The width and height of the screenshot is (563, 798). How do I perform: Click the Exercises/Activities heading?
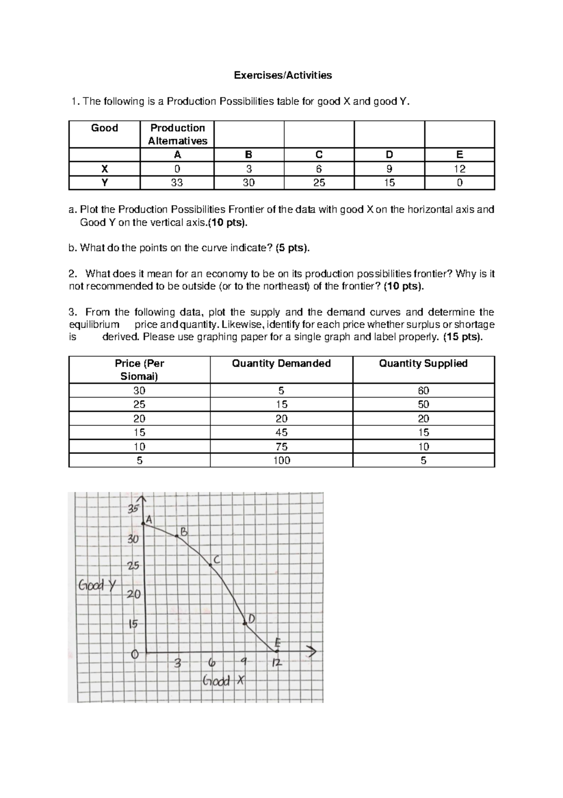point(283,75)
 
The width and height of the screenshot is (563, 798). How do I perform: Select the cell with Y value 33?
point(177,183)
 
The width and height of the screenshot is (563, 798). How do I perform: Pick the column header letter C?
point(319,155)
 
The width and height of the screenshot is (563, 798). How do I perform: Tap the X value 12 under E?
point(459,169)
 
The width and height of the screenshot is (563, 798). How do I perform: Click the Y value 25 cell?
point(319,183)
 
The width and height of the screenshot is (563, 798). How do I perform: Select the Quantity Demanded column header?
point(281,363)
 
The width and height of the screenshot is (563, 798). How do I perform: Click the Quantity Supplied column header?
point(423,363)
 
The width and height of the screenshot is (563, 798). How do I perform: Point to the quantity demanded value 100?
point(281,460)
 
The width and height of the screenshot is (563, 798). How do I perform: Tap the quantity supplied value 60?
point(423,391)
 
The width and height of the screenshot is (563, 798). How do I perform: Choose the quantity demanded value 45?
point(281,432)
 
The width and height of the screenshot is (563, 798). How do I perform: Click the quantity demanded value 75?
point(281,446)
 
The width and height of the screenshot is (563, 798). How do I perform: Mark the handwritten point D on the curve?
point(245,623)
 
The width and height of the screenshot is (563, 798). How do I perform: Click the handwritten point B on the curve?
point(177,536)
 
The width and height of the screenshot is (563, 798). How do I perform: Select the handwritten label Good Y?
point(97,585)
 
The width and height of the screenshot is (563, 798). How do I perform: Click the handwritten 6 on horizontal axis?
point(212,663)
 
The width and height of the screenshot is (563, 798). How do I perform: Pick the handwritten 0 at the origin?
point(135,654)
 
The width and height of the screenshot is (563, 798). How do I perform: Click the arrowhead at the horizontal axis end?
point(312,652)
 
